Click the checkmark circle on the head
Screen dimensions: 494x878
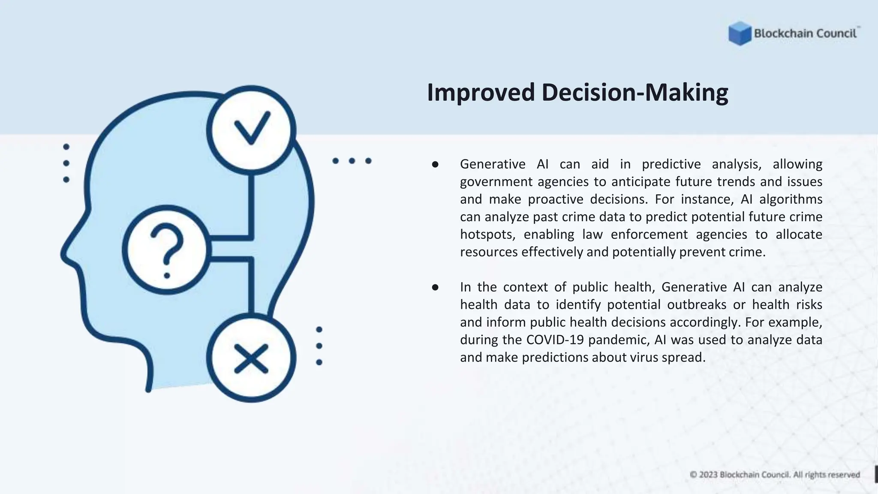pyautogui.click(x=251, y=130)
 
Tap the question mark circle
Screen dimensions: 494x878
pyautogui.click(x=167, y=250)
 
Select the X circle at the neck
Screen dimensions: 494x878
pyautogui.click(x=251, y=358)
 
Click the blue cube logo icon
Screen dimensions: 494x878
pyautogui.click(x=740, y=33)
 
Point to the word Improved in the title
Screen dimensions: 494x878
pyautogui.click(x=481, y=93)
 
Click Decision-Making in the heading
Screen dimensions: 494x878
pyautogui.click(x=634, y=93)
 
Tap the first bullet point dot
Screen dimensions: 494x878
pyautogui.click(x=435, y=165)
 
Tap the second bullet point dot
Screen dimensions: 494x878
pyautogui.click(x=435, y=287)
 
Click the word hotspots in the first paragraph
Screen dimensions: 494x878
pyautogui.click(x=487, y=235)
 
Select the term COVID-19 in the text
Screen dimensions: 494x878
pyautogui.click(x=555, y=340)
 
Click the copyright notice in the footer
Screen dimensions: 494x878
pyautogui.click(x=775, y=475)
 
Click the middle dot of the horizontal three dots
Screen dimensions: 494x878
pyautogui.click(x=352, y=161)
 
